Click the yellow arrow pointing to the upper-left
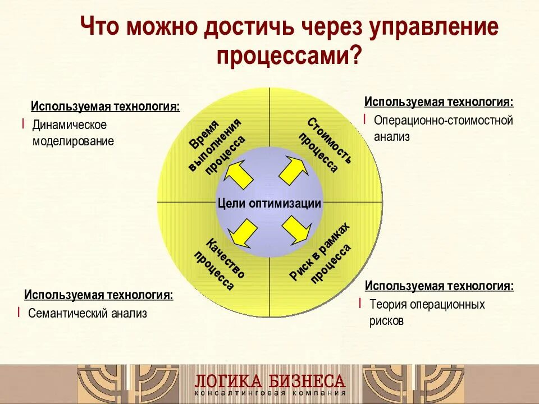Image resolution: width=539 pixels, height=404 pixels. coord(239,175)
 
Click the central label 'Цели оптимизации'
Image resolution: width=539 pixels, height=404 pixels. coord(269,204)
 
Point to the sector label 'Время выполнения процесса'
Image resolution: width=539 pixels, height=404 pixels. coord(217,148)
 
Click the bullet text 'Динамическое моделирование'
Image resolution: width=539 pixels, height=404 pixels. coord(73,133)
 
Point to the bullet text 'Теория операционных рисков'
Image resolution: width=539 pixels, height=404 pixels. coord(427,313)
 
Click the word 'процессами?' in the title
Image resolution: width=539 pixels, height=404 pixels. coord(288,56)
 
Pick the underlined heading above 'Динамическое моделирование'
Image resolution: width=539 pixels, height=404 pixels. coord(106,107)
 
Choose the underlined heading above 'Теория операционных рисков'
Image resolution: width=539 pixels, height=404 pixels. coord(439,286)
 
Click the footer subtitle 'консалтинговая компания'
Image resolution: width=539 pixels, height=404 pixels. coord(269,393)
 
